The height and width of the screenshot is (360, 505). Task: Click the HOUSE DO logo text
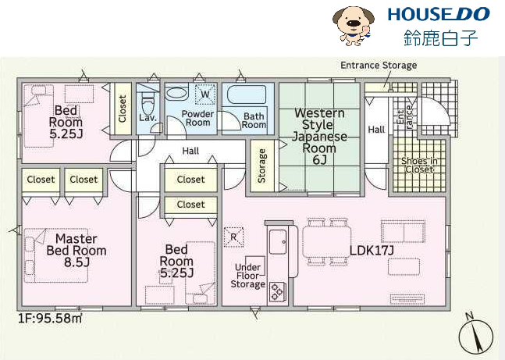pos(439,15)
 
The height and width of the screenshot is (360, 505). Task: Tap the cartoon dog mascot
pos(353,26)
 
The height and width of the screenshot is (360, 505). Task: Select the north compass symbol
pos(475,333)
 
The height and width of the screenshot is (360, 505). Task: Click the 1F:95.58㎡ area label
pos(50,319)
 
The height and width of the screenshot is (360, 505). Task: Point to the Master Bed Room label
pos(76,251)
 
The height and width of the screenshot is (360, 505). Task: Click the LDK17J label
pos(372,251)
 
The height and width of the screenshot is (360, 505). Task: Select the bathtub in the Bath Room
pos(247,94)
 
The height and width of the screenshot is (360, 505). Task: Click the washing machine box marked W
pos(205,94)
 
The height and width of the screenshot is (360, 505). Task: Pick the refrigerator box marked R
pos(233,237)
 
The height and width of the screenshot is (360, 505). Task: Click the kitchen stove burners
pos(277,291)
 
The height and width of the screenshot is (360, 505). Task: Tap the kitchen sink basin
pos(278,242)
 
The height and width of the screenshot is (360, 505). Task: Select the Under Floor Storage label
pos(248,276)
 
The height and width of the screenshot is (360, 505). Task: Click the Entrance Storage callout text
pos(379,66)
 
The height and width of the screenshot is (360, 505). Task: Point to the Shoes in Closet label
pos(419,166)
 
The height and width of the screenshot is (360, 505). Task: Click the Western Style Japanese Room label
pos(319,137)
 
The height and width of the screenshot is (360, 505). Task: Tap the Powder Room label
pos(197,118)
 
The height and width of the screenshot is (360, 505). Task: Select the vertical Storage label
pos(261,166)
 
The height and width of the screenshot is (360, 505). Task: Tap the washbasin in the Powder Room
pos(176,92)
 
